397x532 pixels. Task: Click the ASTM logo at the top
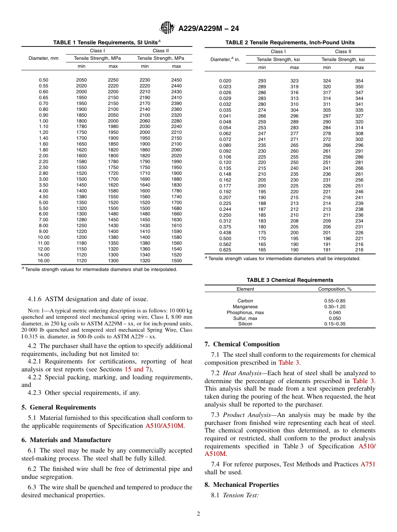(x=168, y=28)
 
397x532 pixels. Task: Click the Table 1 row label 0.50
(x=43, y=80)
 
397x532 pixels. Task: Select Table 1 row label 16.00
(x=43, y=261)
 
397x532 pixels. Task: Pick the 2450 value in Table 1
(x=176, y=80)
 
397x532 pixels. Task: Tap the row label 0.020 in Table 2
(x=225, y=81)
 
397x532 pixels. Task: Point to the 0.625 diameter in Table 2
(x=225, y=250)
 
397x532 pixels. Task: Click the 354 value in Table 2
(x=359, y=81)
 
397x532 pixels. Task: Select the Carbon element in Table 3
(x=245, y=301)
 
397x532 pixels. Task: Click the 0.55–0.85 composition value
(x=335, y=301)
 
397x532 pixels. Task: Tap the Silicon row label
(x=245, y=324)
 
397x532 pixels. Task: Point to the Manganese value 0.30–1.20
(x=335, y=307)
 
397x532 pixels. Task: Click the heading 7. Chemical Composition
(x=242, y=344)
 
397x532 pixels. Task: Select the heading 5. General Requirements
(x=59, y=407)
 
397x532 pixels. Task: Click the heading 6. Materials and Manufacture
(x=66, y=440)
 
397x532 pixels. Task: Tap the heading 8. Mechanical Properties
(x=242, y=485)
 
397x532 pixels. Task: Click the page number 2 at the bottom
(x=198, y=514)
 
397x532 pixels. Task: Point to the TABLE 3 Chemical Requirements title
(x=290, y=280)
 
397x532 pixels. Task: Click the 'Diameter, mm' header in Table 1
(x=43, y=58)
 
